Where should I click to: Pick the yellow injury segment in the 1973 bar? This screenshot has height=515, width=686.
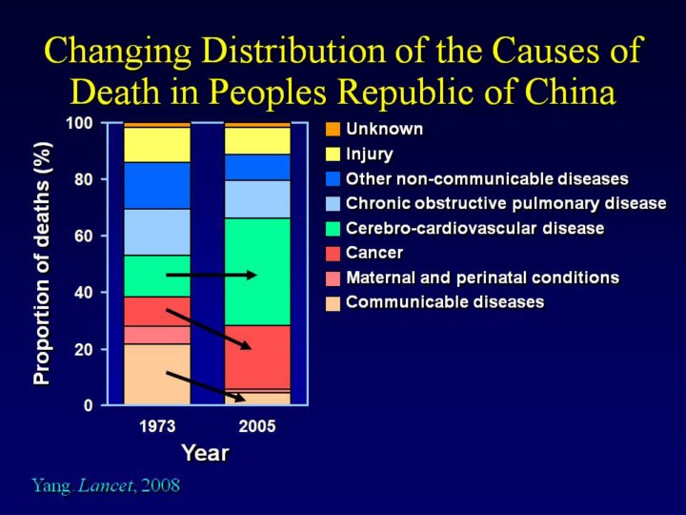156,144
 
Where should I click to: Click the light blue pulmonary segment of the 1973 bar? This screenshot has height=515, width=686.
156,232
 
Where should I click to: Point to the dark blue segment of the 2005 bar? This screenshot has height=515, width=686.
257,167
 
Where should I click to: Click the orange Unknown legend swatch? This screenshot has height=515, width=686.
332,129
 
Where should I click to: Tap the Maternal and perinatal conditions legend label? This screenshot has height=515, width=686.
482,278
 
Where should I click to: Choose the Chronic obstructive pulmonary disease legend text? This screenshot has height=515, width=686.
506,203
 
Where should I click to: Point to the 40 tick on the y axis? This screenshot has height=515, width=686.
85,293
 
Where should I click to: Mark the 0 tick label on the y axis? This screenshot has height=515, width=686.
89,405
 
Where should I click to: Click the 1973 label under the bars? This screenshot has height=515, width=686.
156,427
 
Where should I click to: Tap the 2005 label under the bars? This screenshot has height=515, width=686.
257,427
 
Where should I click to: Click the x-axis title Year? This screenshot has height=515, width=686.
206,453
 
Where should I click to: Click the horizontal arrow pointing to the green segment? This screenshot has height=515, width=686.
211,275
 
